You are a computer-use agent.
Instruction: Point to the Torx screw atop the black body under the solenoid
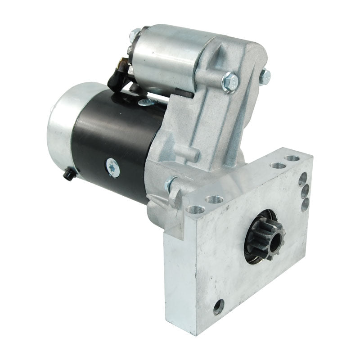(x=147, y=102)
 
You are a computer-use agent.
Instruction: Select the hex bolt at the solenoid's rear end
(x=135, y=33)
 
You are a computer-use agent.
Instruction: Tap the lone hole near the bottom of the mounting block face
(x=219, y=307)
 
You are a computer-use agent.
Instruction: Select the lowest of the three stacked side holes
(x=305, y=204)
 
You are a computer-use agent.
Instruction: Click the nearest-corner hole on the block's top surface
(x=196, y=209)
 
